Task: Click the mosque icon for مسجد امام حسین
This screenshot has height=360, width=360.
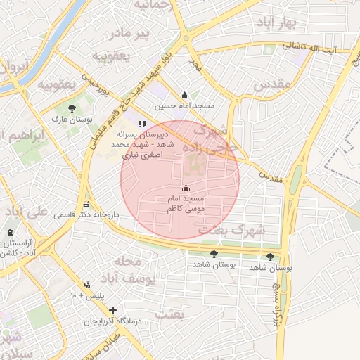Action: coord(185,96)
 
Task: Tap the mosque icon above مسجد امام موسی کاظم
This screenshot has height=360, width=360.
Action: coord(186,188)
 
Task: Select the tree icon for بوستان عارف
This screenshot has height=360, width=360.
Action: coord(72,108)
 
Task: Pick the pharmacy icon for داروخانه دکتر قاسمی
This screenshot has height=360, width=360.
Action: coord(86,205)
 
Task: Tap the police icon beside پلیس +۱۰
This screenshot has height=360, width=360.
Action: coord(87,285)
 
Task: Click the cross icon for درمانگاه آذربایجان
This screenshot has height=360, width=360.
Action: coord(112,310)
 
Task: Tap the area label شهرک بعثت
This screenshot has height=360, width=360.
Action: coord(231,230)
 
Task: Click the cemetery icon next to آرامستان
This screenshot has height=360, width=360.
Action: coord(10,233)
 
